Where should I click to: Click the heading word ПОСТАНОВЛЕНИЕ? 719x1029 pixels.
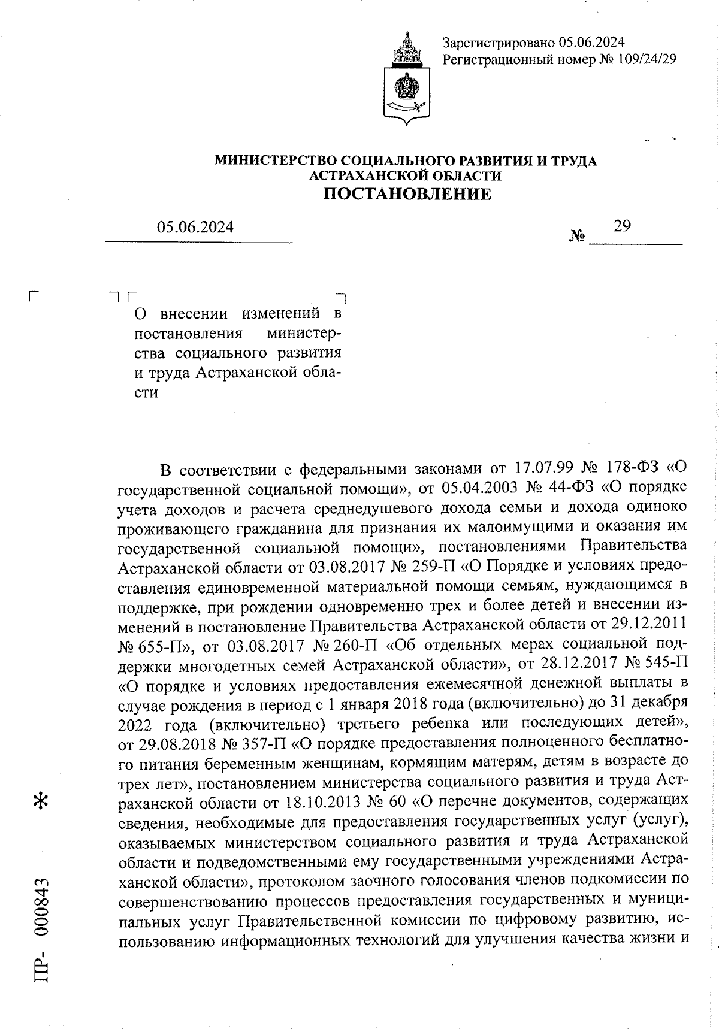407,194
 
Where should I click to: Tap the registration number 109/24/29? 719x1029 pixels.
645,59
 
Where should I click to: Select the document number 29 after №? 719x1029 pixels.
622,226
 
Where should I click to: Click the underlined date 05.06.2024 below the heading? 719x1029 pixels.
195,228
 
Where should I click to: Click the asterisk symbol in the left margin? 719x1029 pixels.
42,801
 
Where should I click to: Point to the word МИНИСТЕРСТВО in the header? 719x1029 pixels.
276,161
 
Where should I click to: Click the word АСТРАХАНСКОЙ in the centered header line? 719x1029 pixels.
365,176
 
